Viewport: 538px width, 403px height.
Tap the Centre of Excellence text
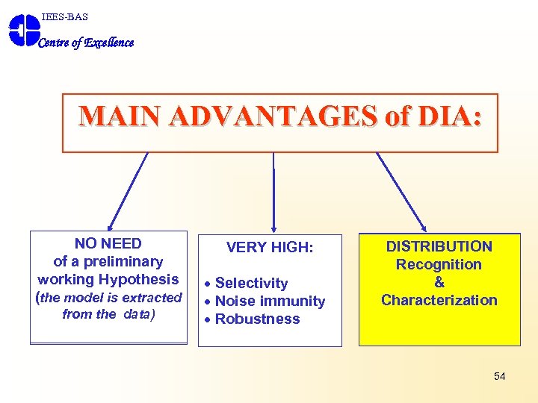(x=86, y=43)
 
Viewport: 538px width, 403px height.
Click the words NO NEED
(x=108, y=243)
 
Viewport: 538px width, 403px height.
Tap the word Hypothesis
(x=140, y=279)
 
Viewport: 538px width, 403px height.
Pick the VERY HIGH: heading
(x=269, y=248)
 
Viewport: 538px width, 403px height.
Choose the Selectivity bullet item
(x=251, y=283)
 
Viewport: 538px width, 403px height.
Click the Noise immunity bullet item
(x=270, y=301)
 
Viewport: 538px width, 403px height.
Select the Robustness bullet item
(x=257, y=319)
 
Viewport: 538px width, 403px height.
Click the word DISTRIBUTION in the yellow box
(x=439, y=246)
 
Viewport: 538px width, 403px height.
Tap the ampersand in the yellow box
(x=439, y=282)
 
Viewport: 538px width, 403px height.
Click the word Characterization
(x=439, y=300)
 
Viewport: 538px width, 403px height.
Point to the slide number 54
(x=499, y=376)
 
